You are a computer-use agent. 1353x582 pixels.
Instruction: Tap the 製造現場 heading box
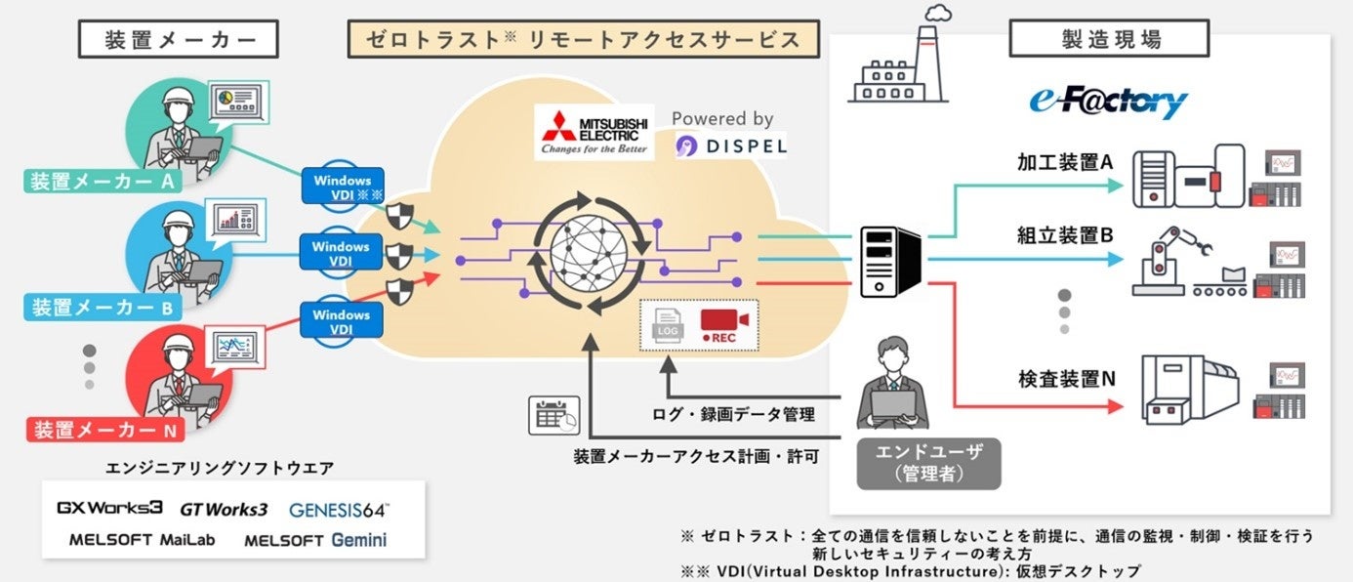tap(1109, 40)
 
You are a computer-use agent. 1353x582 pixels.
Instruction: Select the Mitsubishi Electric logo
tap(594, 132)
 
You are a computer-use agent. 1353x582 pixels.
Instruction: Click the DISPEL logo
tap(731, 146)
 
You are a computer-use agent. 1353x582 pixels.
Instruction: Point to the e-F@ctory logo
tap(1108, 102)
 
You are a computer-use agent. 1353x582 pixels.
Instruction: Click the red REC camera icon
tap(723, 325)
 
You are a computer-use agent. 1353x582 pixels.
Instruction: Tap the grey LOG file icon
tap(668, 325)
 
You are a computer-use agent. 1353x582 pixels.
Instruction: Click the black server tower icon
tap(889, 261)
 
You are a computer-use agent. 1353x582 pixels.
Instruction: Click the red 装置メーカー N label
tap(103, 430)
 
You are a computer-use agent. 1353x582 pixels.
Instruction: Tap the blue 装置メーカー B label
tap(102, 308)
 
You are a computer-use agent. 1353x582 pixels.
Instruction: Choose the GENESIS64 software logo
tap(339, 510)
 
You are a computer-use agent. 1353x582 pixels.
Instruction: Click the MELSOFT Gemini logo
tap(315, 540)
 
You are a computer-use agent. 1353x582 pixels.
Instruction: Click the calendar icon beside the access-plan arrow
tap(553, 415)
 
